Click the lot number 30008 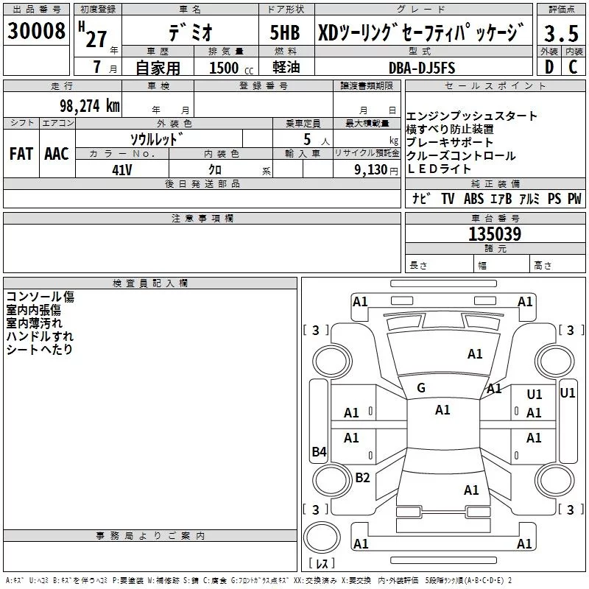tap(37, 31)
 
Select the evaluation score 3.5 tap(561, 34)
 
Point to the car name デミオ tap(189, 32)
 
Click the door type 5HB tap(286, 32)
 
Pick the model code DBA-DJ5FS tap(422, 68)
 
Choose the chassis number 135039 tap(495, 234)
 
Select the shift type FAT tap(21, 153)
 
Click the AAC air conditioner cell tap(56, 153)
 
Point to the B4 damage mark tap(318, 452)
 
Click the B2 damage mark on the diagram tap(362, 478)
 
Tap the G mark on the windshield tap(421, 387)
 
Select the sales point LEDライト tap(439, 169)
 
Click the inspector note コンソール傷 tap(40, 297)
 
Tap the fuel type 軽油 tap(285, 68)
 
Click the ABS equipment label tap(473, 199)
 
